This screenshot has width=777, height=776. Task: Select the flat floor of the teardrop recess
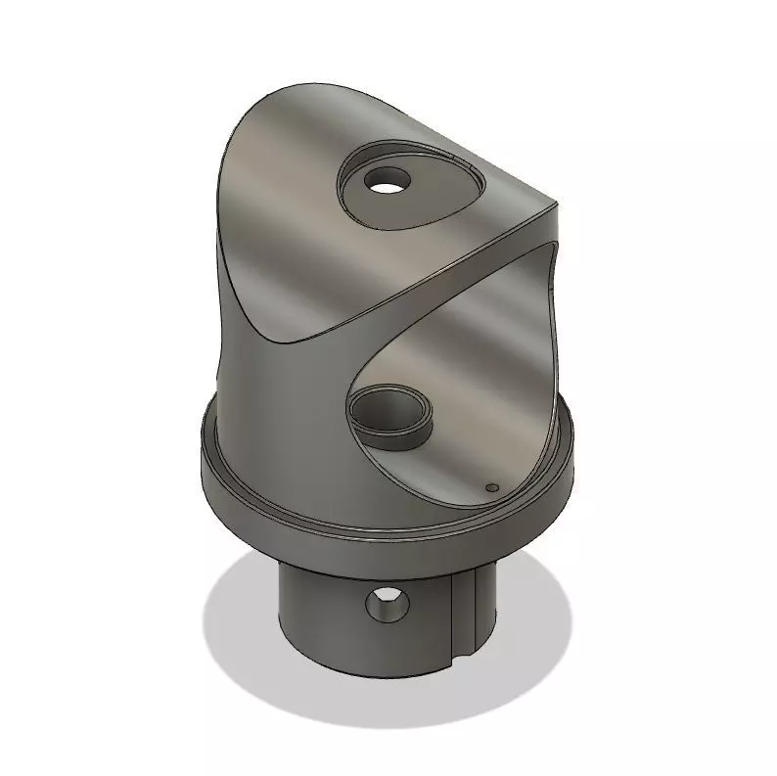coord(431,196)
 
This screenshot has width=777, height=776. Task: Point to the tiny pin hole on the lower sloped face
coord(492,485)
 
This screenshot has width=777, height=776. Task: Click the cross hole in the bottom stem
coord(387,603)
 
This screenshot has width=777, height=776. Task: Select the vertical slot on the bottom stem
coord(468,607)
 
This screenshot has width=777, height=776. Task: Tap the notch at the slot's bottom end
coord(463,652)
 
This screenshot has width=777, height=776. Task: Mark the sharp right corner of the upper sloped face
coord(556,206)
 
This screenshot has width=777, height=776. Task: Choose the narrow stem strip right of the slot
coord(484,607)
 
